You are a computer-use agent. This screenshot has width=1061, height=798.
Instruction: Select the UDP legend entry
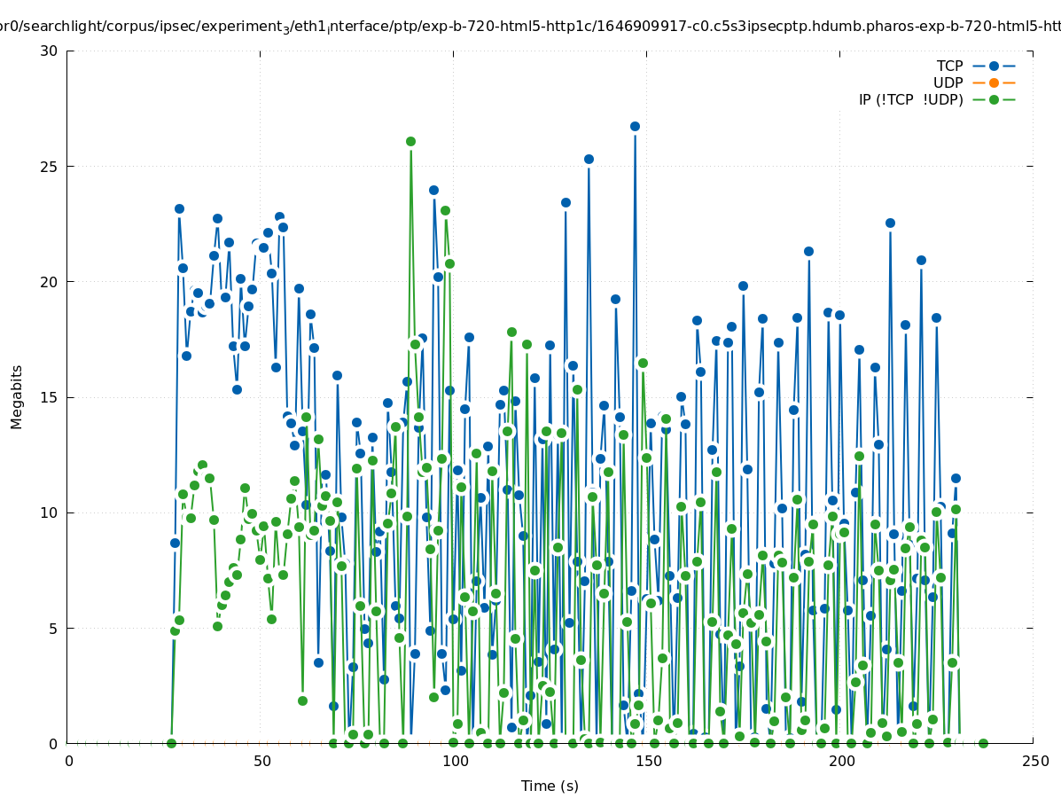(x=948, y=82)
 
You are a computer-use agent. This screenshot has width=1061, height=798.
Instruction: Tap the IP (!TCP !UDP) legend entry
(x=910, y=99)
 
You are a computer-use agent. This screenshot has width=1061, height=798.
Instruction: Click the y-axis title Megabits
(x=17, y=396)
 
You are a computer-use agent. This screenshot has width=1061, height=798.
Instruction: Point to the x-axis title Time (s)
(x=550, y=786)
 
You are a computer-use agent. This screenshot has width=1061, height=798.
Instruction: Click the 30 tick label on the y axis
(x=49, y=51)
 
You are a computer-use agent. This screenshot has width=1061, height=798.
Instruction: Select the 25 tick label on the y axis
(x=49, y=166)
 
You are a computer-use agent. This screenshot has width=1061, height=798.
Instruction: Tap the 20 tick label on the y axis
(x=49, y=281)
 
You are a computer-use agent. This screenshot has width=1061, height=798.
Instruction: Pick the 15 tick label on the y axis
(x=49, y=397)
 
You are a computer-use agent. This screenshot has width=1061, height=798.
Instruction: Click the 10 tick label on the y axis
(x=49, y=512)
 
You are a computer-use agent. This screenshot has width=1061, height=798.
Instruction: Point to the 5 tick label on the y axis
(x=52, y=628)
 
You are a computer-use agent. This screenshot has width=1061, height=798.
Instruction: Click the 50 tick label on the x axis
(x=261, y=761)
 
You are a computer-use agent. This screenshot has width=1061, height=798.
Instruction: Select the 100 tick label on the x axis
(x=455, y=761)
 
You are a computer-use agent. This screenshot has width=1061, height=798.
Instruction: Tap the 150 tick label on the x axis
(x=648, y=761)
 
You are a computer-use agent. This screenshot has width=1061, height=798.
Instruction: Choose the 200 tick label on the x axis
(x=841, y=761)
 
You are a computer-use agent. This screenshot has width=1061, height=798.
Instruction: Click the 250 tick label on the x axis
(x=1034, y=761)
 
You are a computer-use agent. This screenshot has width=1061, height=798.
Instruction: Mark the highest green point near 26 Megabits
(x=410, y=141)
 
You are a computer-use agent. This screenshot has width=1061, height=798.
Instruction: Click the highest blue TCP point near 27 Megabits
(x=635, y=126)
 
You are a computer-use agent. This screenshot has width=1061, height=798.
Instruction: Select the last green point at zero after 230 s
(x=983, y=743)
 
